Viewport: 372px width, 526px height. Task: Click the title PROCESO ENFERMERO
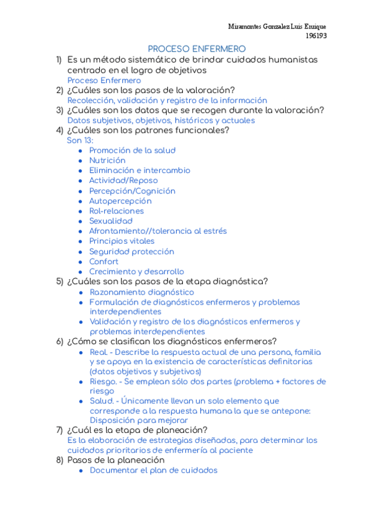pyautogui.click(x=197, y=49)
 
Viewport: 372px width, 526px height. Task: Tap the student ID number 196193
pyautogui.click(x=317, y=35)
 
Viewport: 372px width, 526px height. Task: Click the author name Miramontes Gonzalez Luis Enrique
pyautogui.click(x=277, y=27)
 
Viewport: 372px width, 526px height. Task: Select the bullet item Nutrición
pyautogui.click(x=107, y=160)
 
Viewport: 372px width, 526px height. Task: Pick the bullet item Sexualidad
pyautogui.click(x=111, y=221)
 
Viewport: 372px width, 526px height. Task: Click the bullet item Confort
pyautogui.click(x=104, y=262)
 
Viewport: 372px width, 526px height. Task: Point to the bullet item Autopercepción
pyautogui.click(x=120, y=201)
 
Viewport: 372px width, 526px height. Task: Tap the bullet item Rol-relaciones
pyautogui.click(x=116, y=211)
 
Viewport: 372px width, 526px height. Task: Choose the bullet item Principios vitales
pyautogui.click(x=122, y=241)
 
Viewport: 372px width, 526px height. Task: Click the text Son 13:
pyautogui.click(x=80, y=140)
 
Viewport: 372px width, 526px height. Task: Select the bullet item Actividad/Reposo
pyautogui.click(x=123, y=181)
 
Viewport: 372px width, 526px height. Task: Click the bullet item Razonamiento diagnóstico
pyautogui.click(x=142, y=292)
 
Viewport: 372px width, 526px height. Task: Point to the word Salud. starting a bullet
pyautogui.click(x=102, y=401)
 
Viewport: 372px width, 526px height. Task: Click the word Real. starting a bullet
pyautogui.click(x=99, y=352)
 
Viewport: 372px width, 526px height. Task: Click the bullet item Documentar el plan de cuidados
pyautogui.click(x=154, y=470)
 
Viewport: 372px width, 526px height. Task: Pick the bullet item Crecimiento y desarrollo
pyautogui.click(x=136, y=272)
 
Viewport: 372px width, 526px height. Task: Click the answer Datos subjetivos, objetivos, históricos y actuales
pyautogui.click(x=161, y=120)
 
